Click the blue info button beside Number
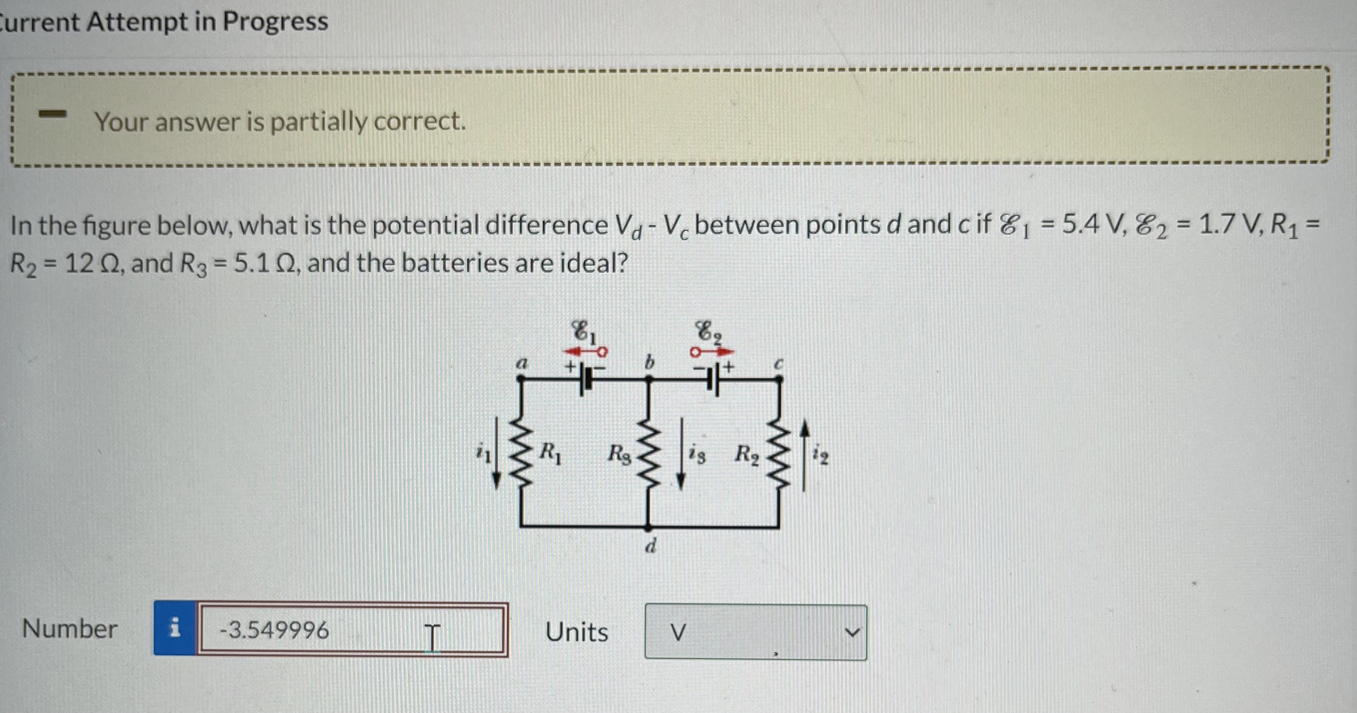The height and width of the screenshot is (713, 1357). click(x=175, y=629)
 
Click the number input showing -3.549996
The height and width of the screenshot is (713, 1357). click(x=350, y=630)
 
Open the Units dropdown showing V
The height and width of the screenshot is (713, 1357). click(x=755, y=632)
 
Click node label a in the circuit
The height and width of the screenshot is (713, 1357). click(x=521, y=363)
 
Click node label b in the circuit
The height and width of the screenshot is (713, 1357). click(x=649, y=362)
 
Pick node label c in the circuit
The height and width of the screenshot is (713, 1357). click(x=779, y=363)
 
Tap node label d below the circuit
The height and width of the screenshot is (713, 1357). click(x=651, y=546)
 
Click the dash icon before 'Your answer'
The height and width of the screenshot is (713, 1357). click(x=54, y=113)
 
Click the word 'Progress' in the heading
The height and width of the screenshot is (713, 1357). click(x=275, y=22)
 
